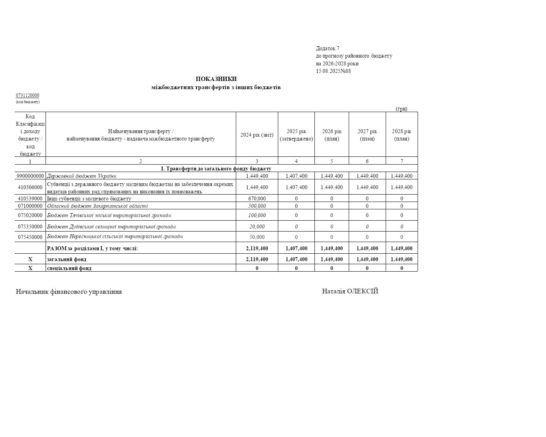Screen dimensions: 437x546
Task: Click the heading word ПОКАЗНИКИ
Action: point(216,79)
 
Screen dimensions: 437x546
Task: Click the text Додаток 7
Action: point(327,48)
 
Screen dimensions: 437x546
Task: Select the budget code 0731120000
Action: point(27,95)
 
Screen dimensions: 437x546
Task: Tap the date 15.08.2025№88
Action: point(333,71)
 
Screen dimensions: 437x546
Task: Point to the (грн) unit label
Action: point(401,109)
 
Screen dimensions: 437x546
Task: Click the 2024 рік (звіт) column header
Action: point(257,135)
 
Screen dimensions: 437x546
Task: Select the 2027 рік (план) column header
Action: point(367,135)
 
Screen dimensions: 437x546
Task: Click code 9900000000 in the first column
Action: point(30,176)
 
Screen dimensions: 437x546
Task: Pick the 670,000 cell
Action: point(257,198)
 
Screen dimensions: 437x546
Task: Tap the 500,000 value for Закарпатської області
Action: point(257,206)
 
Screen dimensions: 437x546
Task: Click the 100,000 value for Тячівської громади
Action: point(257,215)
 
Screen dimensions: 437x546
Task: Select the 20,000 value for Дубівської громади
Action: point(257,226)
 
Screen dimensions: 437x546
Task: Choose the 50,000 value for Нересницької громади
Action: point(257,237)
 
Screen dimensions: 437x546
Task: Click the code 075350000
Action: point(30,226)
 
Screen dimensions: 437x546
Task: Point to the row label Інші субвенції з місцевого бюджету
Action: point(89,198)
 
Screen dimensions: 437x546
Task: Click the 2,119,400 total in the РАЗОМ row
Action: point(257,248)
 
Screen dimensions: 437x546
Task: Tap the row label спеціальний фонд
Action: point(69,268)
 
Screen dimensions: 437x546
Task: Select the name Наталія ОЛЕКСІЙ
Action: point(350,291)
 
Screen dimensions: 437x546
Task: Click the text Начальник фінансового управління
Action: point(69,291)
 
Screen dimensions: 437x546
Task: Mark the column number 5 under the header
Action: point(332,161)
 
